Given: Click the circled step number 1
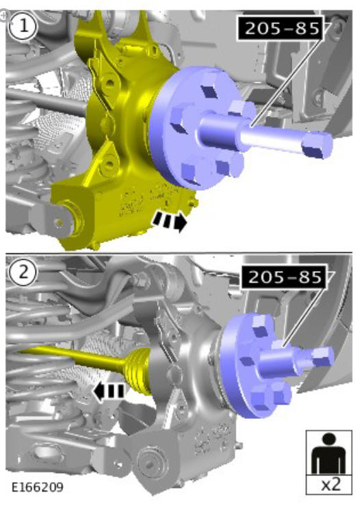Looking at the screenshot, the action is click(22, 26).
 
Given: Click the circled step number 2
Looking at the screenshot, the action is click(22, 272).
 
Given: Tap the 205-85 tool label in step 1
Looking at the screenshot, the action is click(281, 28).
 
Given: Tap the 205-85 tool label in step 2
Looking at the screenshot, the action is click(284, 277).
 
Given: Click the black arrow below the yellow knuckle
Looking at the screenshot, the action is click(169, 221).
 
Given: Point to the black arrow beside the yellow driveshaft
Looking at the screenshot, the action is click(108, 391).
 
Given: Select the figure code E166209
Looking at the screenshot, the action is click(38, 487).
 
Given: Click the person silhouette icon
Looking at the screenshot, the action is click(329, 453).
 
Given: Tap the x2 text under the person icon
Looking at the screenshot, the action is click(331, 485).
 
